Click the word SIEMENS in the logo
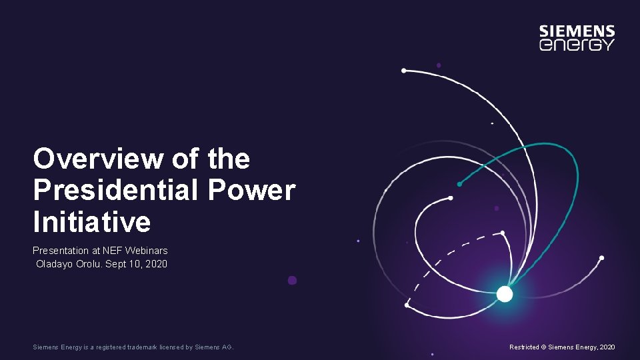[x=577, y=31]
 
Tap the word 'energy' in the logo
[x=577, y=45]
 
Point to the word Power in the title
[x=251, y=190]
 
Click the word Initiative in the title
[x=92, y=221]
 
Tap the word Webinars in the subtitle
[x=149, y=251]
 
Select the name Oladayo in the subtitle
[x=54, y=264]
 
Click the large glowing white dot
[x=505, y=294]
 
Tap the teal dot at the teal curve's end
[x=459, y=184]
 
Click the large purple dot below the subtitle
[x=292, y=281]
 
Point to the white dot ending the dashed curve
[x=503, y=233]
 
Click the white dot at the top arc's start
[x=403, y=70]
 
